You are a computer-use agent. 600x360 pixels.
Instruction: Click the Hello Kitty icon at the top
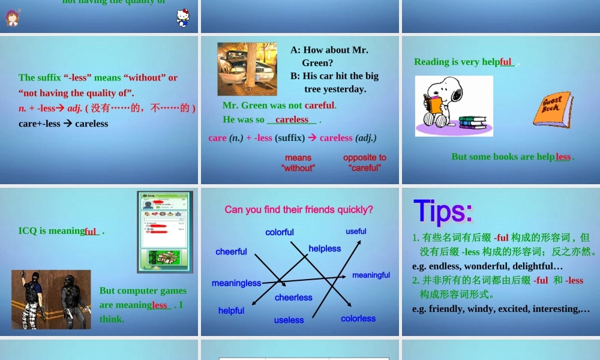[183, 17]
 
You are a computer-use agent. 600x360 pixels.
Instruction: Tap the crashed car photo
[247, 69]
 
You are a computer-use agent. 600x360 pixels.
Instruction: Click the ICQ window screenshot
[165, 232]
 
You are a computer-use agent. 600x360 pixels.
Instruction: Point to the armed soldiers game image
[51, 299]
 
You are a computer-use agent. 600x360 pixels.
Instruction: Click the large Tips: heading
[443, 211]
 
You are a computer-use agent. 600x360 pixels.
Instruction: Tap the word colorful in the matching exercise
[280, 232]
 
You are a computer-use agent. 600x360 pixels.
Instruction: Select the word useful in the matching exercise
[356, 231]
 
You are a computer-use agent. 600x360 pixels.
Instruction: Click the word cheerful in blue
[231, 251]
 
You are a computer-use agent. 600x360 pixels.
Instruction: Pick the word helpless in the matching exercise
[325, 248]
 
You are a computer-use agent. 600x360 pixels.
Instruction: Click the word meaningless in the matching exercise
[236, 283]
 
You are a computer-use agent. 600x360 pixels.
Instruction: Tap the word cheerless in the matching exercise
[293, 298]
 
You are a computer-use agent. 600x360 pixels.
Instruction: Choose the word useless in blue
[289, 320]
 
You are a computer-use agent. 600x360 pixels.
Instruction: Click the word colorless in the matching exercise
[358, 319]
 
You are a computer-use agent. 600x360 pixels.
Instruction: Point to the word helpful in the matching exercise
[231, 311]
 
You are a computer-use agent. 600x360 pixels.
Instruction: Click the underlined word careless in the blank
[292, 119]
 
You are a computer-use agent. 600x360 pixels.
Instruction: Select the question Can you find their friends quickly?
[299, 209]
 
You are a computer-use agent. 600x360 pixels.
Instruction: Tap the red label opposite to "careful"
[365, 163]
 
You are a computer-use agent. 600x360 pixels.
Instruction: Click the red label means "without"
[298, 163]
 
